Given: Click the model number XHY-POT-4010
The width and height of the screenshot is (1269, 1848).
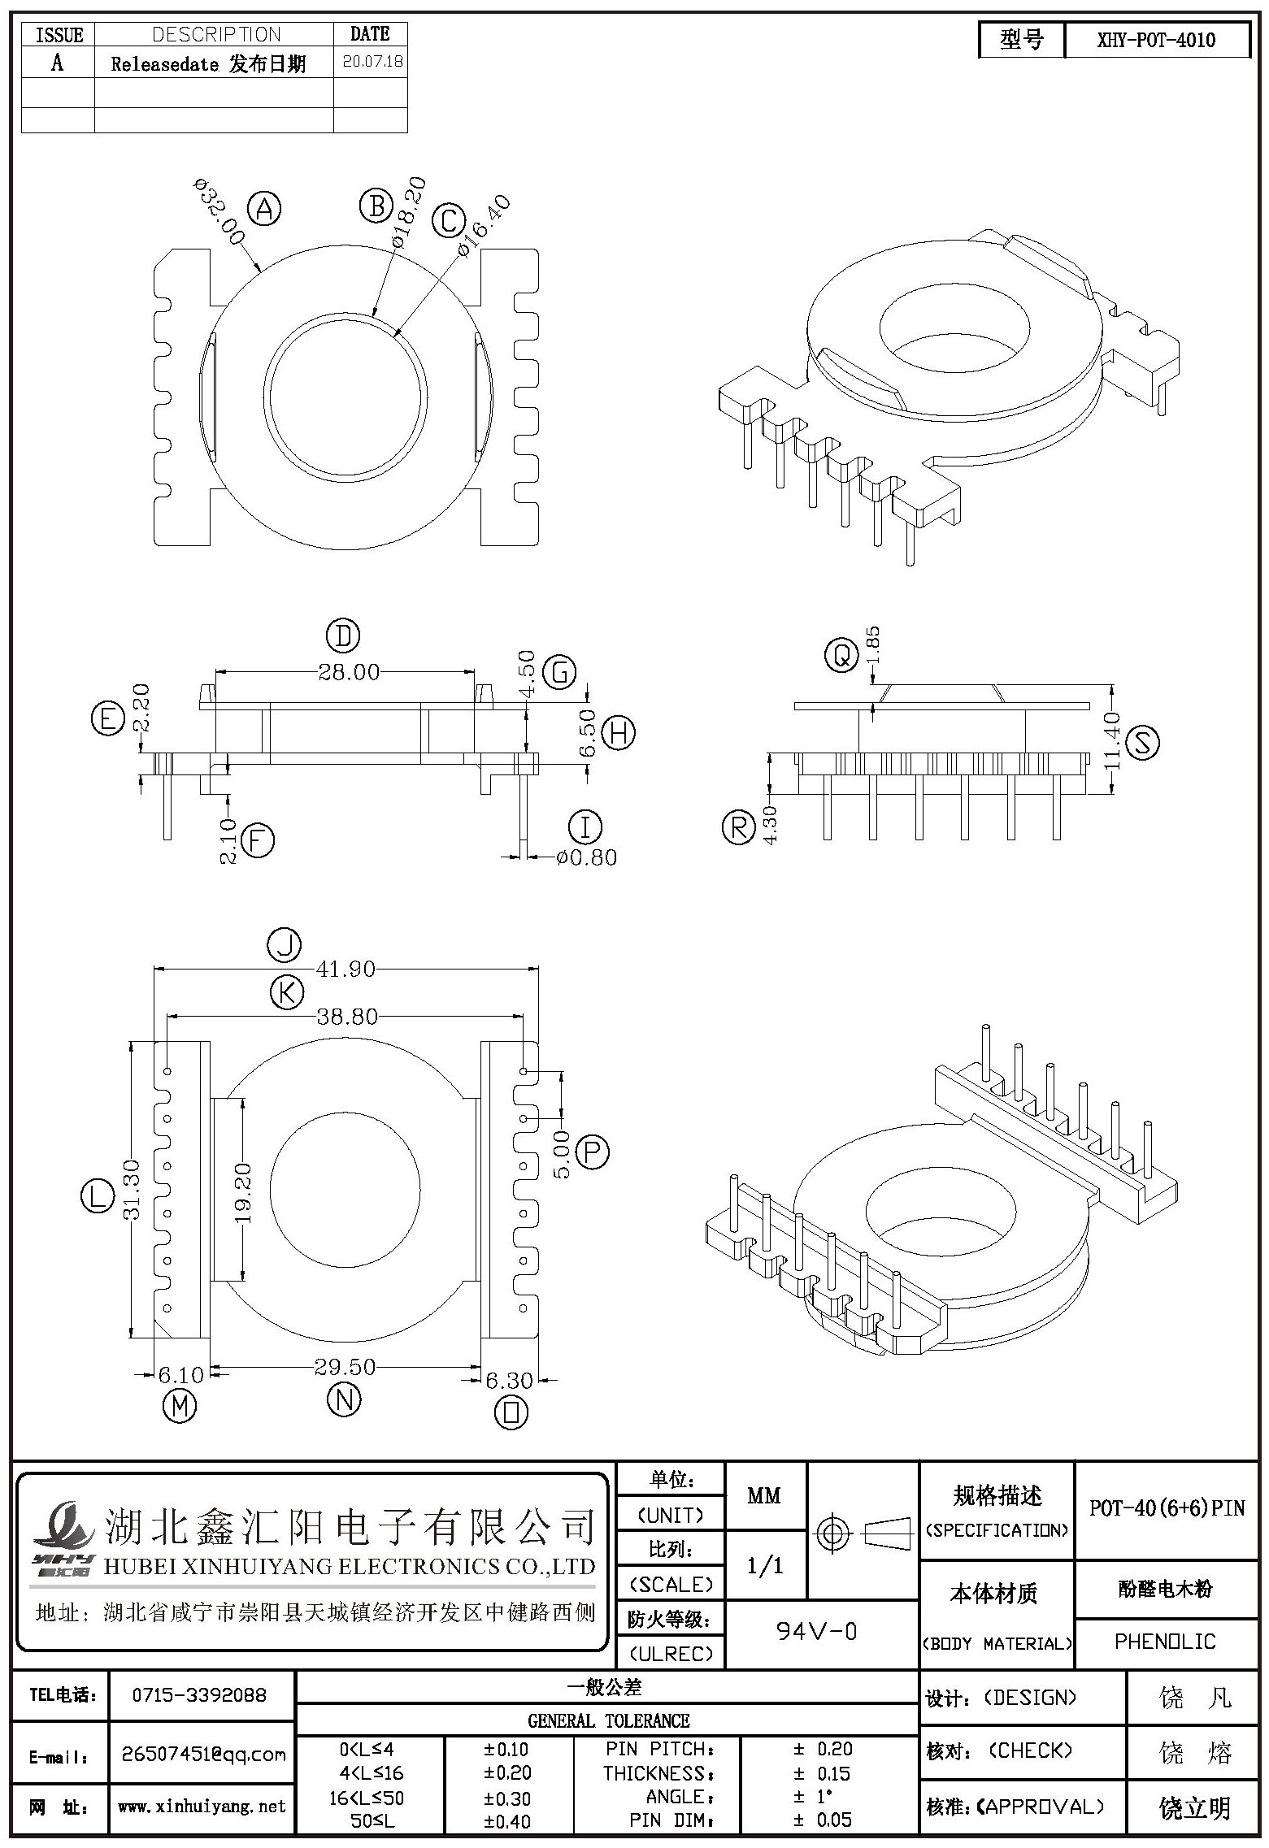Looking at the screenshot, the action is coord(1156,40).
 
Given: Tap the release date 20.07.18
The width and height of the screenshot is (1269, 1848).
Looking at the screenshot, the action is coord(373,62).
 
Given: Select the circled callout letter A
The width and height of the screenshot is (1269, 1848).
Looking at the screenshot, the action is coord(264,209).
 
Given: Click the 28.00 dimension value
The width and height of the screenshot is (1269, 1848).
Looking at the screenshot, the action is coord(349,672).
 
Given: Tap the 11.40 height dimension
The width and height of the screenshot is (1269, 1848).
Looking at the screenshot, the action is coord(1113,740).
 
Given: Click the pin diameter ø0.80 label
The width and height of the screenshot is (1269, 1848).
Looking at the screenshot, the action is coord(587,857).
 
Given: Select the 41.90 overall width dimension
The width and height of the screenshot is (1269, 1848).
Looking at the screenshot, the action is coord(346,969).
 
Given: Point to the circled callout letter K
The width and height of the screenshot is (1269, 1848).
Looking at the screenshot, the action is coord(286,992).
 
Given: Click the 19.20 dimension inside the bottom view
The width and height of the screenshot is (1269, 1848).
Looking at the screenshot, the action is coord(243,1193).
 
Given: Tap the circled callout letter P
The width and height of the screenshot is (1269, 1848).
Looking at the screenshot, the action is coord(592,1152).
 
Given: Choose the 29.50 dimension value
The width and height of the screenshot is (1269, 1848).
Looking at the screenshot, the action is coord(345,1367).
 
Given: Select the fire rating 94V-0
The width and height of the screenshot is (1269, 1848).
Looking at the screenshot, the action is coord(816,1631).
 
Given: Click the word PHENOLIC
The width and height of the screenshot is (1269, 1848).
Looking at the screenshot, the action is coord(1165,1642).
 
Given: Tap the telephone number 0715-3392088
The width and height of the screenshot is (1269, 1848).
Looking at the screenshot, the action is coord(200,1695).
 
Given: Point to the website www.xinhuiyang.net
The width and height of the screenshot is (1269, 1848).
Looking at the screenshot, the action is coord(202,1806).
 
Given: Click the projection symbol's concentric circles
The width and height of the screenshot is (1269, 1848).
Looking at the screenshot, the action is coord(831,1533).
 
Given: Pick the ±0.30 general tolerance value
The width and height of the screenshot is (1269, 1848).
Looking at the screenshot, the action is coord(507,1798).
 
